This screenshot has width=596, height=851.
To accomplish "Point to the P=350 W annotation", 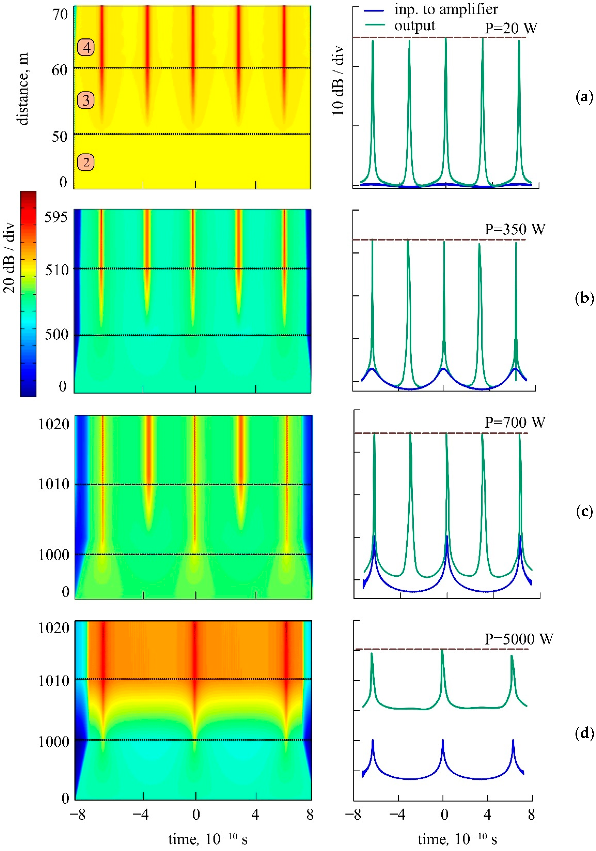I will pyautogui.click(x=515, y=229).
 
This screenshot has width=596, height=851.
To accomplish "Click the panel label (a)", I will pyautogui.click(x=584, y=97).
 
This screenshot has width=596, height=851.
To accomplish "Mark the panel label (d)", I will pyautogui.click(x=584, y=733).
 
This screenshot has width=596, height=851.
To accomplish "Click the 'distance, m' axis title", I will pyautogui.click(x=22, y=89).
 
